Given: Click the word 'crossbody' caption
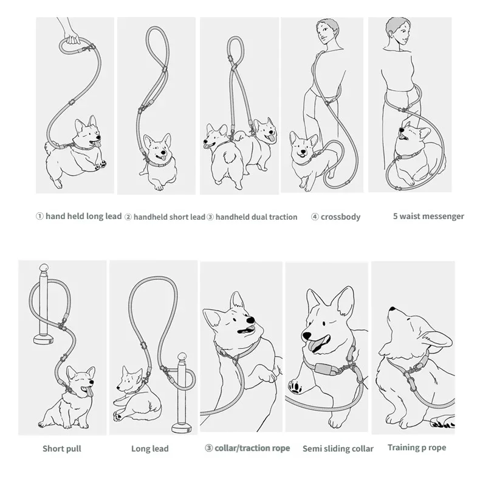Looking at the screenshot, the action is pos(340,217).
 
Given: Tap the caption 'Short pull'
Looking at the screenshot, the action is pos(62,448).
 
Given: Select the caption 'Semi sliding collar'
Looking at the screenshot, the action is pos(338,448).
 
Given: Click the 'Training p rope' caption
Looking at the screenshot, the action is pos(417,448).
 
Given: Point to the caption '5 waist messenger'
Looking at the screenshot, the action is pos(428,217).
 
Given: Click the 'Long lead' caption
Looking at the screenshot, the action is pos(150,448).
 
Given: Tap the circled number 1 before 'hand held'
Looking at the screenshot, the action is pos(39,217).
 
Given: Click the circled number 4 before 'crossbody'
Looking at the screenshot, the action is pos(315,217).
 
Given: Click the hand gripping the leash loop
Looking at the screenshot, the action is pos(72,38).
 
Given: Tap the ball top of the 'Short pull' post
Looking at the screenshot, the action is pos(44,268).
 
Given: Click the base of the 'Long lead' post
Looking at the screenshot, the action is pos(182,428).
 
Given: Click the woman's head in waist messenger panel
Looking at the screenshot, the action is pos(398,31).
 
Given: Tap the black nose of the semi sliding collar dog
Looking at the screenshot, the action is pos(307,335).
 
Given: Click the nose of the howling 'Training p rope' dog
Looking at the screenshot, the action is pos(392,309).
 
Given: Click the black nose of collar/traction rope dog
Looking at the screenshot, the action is pos(251,320).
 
